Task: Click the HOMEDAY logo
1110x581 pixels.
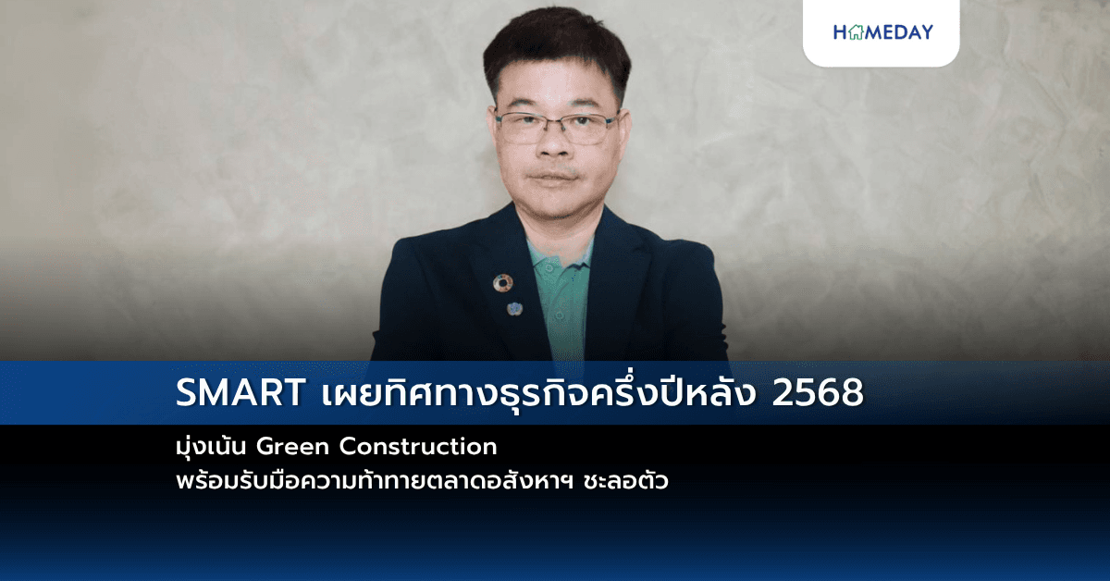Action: tap(882, 32)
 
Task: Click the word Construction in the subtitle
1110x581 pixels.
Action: tap(419, 447)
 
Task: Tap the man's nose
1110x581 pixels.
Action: tap(556, 148)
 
